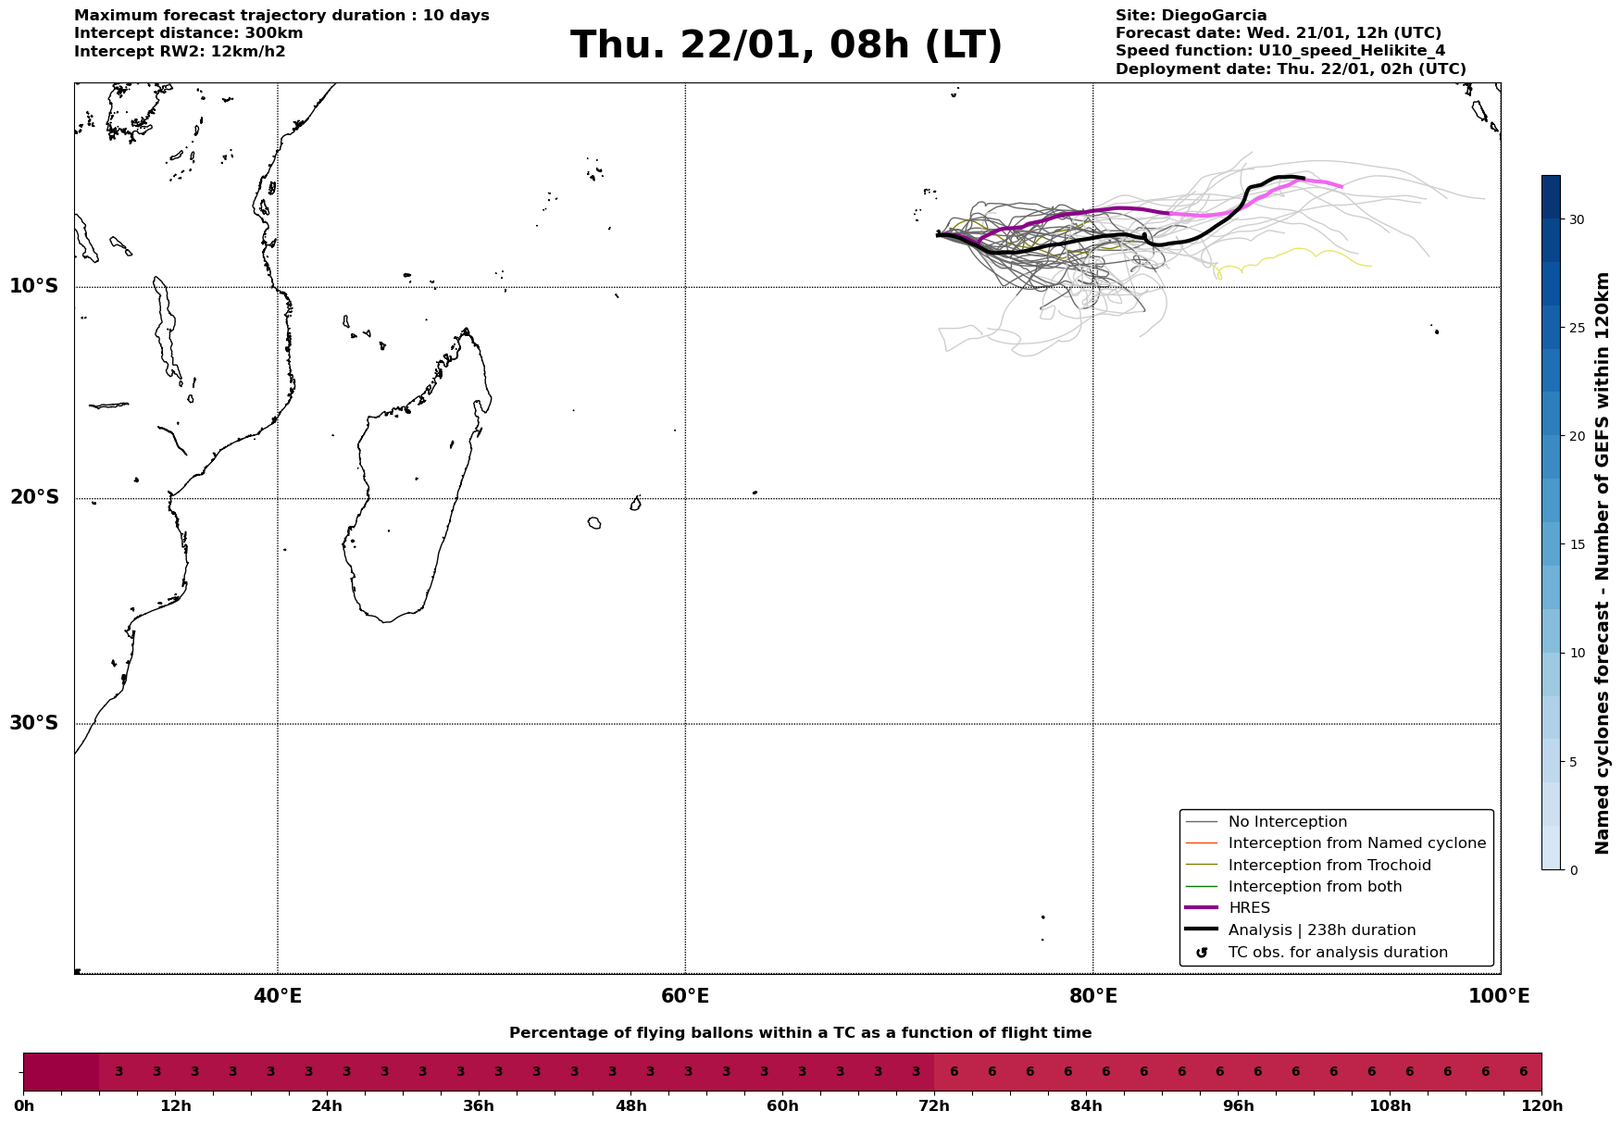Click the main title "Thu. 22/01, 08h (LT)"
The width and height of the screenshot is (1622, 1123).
(x=786, y=45)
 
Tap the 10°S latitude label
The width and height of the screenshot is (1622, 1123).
(x=34, y=286)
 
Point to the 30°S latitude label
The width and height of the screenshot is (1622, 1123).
(x=34, y=723)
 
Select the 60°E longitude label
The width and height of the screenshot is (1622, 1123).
(x=685, y=997)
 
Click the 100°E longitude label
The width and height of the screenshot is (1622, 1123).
(x=1499, y=997)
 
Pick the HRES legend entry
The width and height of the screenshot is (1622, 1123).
(x=1249, y=908)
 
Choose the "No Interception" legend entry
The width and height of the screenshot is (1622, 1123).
(x=1287, y=822)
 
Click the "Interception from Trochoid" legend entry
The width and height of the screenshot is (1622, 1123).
(x=1329, y=866)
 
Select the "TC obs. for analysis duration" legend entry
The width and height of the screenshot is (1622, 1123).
(x=1337, y=953)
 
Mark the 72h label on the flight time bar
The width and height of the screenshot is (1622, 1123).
(x=934, y=1106)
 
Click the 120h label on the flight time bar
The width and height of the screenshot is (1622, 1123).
(x=1541, y=1106)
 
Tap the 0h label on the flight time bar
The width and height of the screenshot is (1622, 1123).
(x=24, y=1106)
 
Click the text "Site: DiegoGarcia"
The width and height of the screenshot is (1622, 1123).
(x=1191, y=16)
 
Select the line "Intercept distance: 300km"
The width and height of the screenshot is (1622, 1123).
(x=188, y=33)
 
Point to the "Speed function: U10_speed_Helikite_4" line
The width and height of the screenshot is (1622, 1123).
(x=1279, y=51)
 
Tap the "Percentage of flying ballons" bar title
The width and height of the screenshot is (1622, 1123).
(x=800, y=1033)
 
